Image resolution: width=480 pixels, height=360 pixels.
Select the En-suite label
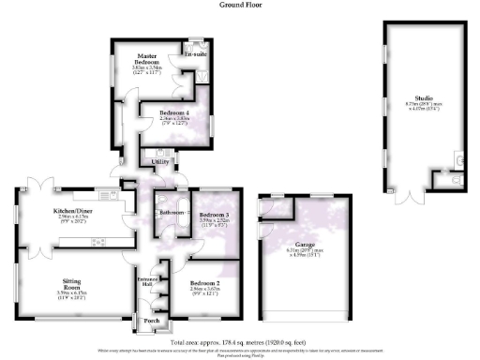[x=195, y=55]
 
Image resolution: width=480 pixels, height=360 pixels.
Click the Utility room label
[x=159, y=162]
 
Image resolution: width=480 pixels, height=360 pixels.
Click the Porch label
[x=150, y=322]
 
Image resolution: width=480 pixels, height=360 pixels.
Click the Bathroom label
[x=172, y=213]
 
